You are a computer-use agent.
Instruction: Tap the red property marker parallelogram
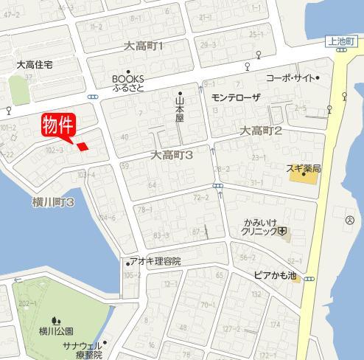[x=83, y=146]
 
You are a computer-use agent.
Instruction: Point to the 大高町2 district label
[x=262, y=131]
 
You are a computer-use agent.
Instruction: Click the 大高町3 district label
[x=172, y=156]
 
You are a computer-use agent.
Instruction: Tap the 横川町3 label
[x=54, y=201]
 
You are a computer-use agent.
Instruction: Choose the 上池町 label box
[x=343, y=44]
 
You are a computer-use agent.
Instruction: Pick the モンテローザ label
[x=236, y=97]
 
